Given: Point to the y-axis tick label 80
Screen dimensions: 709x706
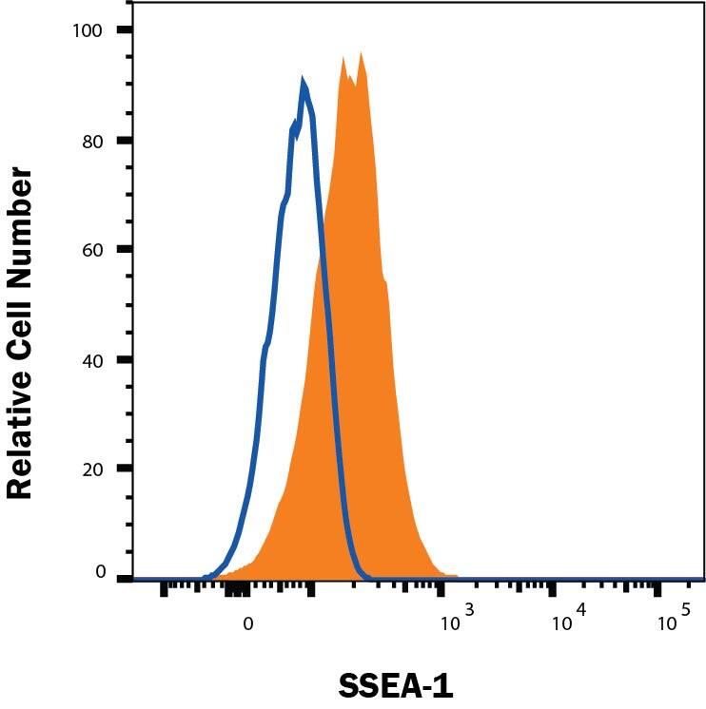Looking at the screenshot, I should click(91, 141).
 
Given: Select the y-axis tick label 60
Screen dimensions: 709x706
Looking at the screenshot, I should click(91, 250).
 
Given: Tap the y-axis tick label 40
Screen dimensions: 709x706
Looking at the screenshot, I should click(91, 360).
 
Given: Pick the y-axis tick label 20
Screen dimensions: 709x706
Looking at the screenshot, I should click(91, 469).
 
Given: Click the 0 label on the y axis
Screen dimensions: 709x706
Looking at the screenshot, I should click(98, 572).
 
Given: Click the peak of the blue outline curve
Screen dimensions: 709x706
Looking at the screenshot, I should click(303, 83).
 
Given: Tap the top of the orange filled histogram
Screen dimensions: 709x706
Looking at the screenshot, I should click(361, 54).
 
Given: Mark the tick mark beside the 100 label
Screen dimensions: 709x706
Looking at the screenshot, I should click(125, 30).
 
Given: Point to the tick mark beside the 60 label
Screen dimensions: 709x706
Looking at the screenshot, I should click(125, 250).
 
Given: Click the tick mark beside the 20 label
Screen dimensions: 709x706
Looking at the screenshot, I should click(125, 469).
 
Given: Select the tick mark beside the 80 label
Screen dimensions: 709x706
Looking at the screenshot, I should click(125, 141).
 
